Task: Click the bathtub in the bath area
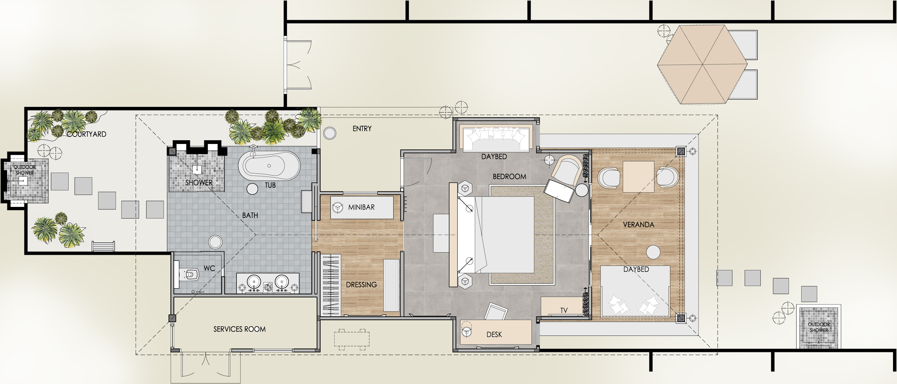tap(269, 166)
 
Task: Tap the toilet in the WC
tap(189, 275)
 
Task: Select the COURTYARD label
tap(87, 134)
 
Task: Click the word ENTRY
tap(362, 129)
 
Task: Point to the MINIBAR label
tap(361, 207)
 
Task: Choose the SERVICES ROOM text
tap(240, 329)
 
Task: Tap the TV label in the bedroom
tap(564, 310)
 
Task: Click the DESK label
tap(494, 335)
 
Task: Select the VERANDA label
tap(639, 225)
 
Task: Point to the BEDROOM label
tap(509, 177)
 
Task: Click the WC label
tap(209, 268)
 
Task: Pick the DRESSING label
tap(361, 285)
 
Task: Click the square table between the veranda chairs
tap(638, 177)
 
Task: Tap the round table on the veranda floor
tap(653, 252)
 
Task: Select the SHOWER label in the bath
tap(199, 183)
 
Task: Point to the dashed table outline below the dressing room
tap(352, 339)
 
